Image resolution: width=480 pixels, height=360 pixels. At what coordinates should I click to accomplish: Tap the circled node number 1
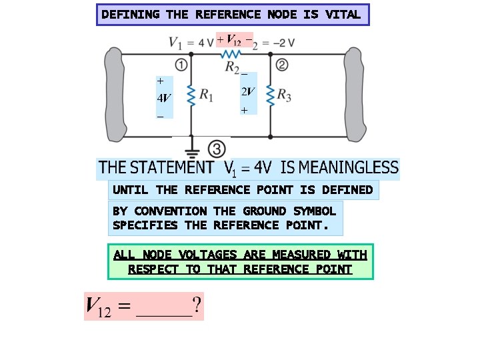(181, 65)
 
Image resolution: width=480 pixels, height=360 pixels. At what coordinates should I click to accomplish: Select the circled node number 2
(281, 65)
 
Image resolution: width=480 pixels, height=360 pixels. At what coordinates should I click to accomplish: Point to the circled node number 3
(215, 147)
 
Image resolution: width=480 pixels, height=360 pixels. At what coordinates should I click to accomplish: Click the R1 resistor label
(206, 97)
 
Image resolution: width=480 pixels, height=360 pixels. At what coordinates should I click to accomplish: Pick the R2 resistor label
(232, 67)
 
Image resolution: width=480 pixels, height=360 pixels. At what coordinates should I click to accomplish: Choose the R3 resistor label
(284, 97)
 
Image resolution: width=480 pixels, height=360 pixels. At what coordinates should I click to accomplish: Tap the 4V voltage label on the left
(163, 98)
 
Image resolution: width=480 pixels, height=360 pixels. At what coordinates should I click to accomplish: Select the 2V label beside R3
(247, 92)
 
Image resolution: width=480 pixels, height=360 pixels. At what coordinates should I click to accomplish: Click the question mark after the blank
(197, 307)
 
